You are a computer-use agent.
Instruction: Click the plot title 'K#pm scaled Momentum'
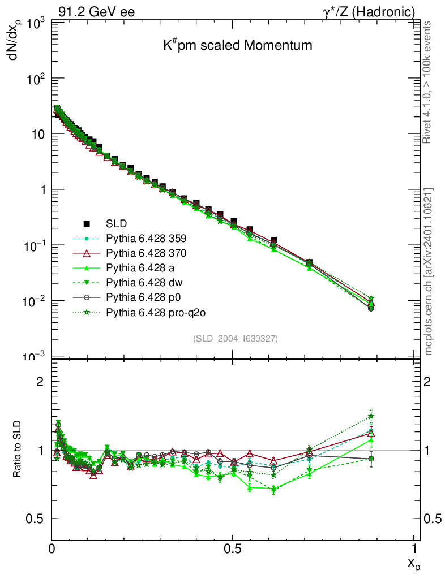(238, 46)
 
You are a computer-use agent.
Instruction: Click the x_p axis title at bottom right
(413, 563)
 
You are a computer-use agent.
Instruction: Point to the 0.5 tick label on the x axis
(233, 548)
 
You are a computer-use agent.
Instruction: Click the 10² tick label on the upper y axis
(35, 79)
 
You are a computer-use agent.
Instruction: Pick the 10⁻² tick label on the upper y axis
(33, 301)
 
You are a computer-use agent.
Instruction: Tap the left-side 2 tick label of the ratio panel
(40, 381)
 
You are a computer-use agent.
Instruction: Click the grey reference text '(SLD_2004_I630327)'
(235, 339)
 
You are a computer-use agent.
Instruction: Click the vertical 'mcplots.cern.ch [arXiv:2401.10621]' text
(429, 271)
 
